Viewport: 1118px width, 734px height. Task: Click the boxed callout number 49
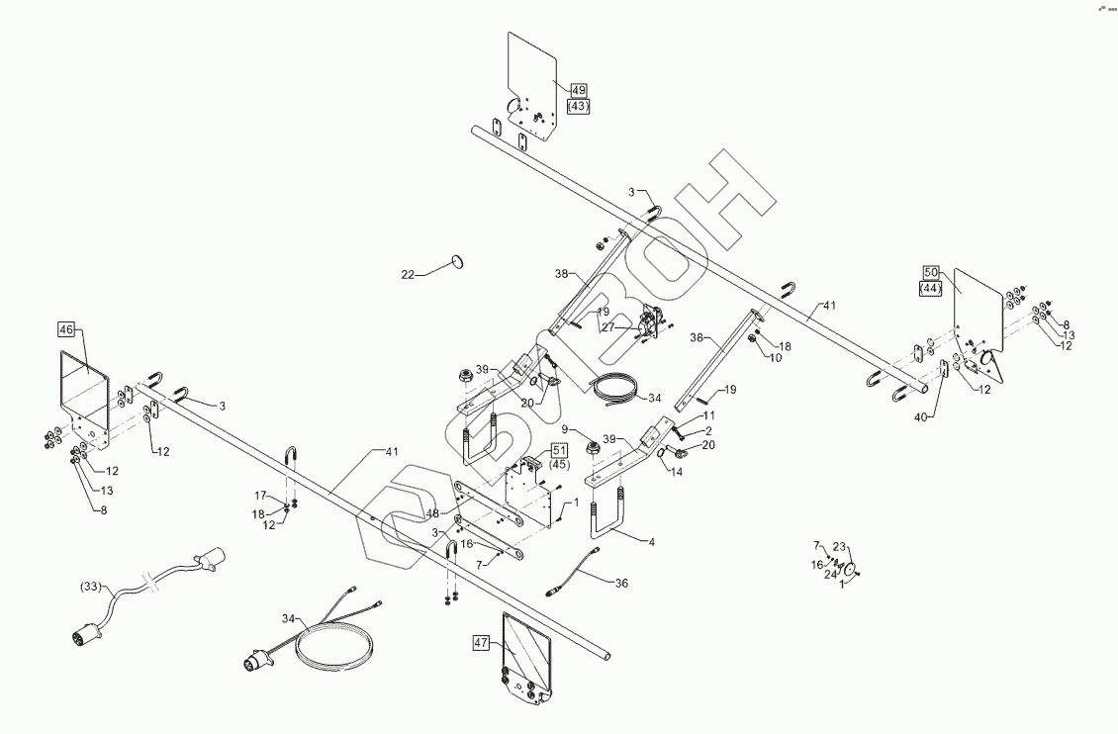point(578,89)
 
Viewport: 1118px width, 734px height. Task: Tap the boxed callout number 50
point(930,272)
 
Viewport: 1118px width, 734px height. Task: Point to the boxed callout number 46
point(66,328)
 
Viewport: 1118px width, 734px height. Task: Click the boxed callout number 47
point(482,642)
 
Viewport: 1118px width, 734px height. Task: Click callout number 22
point(408,274)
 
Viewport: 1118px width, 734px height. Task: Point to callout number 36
point(621,584)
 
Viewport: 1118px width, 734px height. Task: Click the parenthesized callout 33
point(92,587)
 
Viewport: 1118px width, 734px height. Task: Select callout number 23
point(840,547)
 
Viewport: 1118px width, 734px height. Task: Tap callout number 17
point(261,496)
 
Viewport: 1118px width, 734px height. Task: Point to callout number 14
point(677,473)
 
